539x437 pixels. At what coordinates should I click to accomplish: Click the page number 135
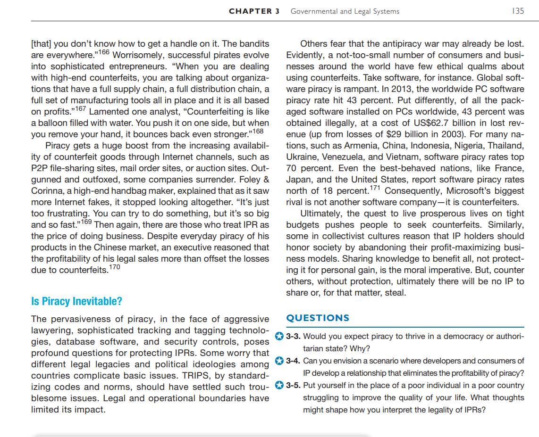[518, 11]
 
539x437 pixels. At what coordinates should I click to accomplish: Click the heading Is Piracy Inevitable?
[76, 301]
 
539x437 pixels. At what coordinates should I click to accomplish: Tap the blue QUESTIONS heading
[318, 318]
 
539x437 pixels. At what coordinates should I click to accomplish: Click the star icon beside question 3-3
[279, 337]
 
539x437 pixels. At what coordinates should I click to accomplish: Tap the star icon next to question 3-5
[279, 385]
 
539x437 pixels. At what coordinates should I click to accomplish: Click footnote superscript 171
[375, 188]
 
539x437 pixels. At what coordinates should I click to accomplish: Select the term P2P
[41, 168]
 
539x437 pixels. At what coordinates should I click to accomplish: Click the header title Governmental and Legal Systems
[345, 11]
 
